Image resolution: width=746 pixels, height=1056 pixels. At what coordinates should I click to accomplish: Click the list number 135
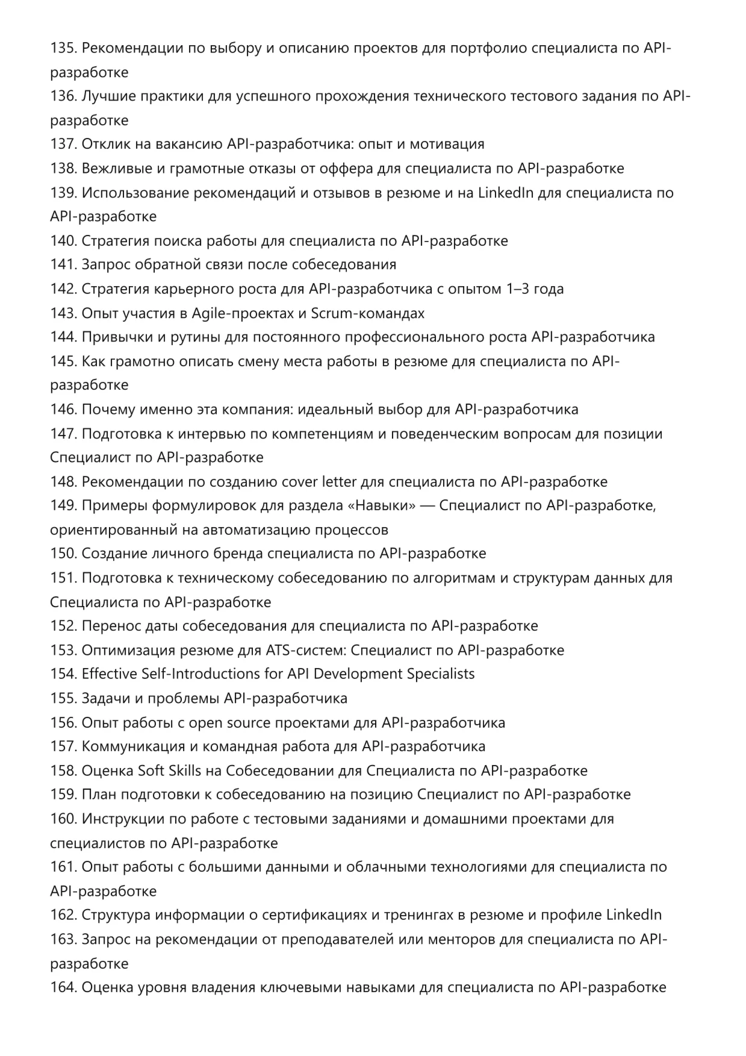click(63, 48)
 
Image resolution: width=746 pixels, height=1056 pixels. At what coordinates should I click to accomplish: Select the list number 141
click(63, 264)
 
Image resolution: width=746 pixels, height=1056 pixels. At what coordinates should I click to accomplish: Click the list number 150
click(63, 554)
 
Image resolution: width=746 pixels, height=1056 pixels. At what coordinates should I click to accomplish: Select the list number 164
click(63, 987)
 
